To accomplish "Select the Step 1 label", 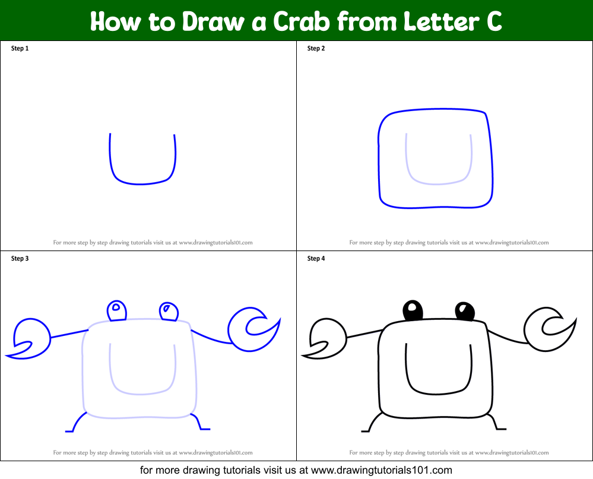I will click(x=20, y=49).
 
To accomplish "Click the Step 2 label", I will click(x=316, y=49).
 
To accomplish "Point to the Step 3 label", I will click(x=20, y=259).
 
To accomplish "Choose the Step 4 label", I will click(x=316, y=259).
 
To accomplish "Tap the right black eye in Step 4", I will click(x=465, y=310).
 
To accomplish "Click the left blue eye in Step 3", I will click(x=116, y=310).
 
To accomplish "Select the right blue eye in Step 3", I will click(x=169, y=310).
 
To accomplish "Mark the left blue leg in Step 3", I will click(x=75, y=423).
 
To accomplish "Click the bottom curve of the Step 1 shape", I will click(x=141, y=183).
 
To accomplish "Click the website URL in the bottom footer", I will click(x=382, y=470).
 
